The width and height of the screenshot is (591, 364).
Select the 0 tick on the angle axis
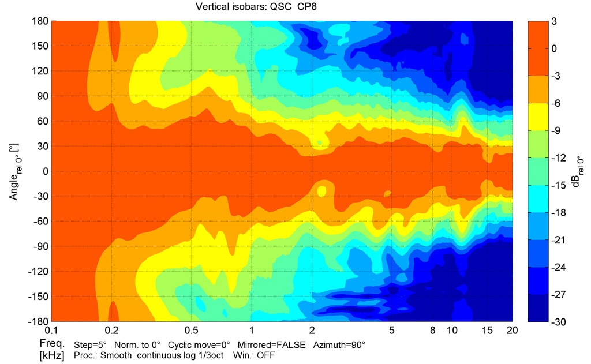pos(44,171)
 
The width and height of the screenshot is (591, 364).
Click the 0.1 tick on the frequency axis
pos(52,331)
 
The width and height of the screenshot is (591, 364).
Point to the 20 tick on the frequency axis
pos(512,331)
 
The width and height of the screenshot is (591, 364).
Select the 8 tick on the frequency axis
pos(432,331)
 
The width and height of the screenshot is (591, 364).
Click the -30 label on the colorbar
pos(558,321)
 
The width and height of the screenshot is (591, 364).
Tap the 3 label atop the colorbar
pos(554,21)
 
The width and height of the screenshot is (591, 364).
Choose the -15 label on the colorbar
pos(558,185)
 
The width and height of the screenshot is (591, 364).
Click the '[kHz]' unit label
pos(52,354)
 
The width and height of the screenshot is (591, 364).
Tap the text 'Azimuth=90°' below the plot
pos(339,344)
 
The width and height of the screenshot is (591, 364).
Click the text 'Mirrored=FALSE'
pos(278,344)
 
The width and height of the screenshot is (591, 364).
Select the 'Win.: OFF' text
pos(256,355)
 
